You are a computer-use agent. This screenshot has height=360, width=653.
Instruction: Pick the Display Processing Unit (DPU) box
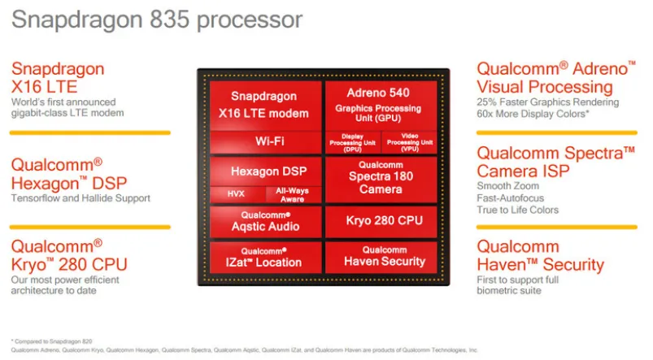(x=352, y=141)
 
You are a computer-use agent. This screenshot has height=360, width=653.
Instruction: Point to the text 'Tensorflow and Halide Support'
(x=81, y=198)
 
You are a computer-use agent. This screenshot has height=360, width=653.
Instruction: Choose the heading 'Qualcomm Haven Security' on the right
(x=540, y=256)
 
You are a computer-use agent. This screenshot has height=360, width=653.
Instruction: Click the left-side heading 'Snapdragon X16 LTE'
(x=58, y=79)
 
